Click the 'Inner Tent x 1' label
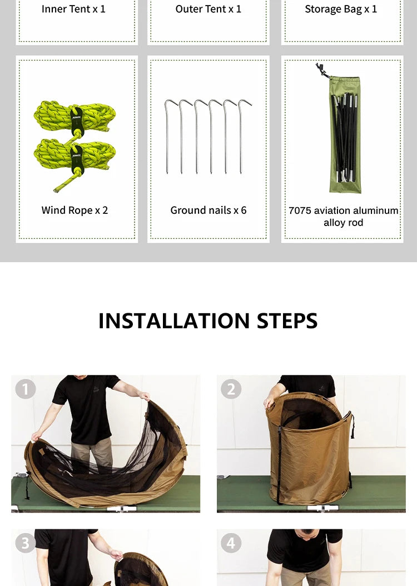pos(73,9)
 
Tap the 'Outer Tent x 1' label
pos(209,9)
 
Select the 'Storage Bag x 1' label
pos(341,9)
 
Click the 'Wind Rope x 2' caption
pos(75,211)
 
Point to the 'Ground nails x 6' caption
pos(209,211)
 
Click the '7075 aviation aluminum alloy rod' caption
pos(343,217)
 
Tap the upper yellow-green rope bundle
pos(75,118)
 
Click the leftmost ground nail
pos(167,137)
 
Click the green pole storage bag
pos(345,134)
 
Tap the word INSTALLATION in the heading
pos(174,321)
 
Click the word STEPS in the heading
pos(287,321)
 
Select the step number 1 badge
pos(26,389)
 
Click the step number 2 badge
pos(231,389)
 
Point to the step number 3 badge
pos(26,543)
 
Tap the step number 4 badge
pos(231,543)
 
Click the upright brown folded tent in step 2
pos(310,448)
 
